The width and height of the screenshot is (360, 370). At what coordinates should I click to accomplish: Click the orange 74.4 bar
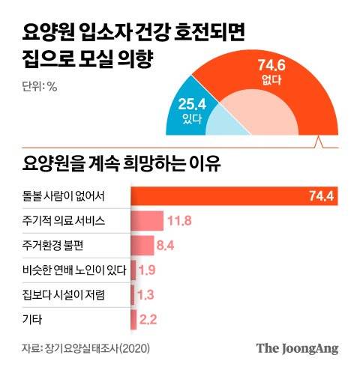pos(217,197)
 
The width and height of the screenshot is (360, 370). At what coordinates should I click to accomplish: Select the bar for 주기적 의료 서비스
pos(148,221)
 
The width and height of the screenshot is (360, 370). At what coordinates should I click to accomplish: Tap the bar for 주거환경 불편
pos(143,245)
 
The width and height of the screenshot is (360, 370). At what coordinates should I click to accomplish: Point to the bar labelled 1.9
pos(133,270)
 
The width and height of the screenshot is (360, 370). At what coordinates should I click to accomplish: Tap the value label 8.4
pos(166,245)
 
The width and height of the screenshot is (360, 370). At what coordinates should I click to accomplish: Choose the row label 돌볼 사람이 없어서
pos(64,197)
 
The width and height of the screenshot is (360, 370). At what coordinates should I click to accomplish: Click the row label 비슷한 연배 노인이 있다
pos(73,270)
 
